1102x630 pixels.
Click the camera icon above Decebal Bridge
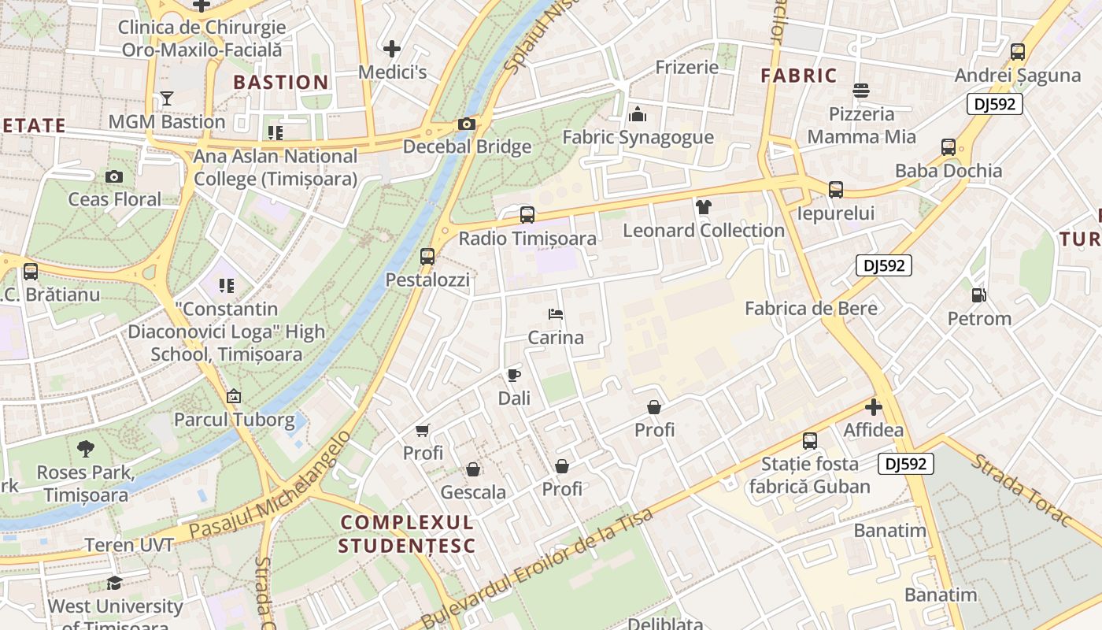pos(466,124)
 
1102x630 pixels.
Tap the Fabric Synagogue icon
pos(638,115)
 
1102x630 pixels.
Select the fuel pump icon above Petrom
pos(979,295)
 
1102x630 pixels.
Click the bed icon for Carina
pos(556,314)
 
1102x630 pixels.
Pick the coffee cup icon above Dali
pos(514,375)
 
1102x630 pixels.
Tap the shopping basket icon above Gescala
pos(473,469)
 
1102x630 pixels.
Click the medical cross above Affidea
pos(873,407)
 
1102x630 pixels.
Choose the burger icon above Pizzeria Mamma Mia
pos(861,91)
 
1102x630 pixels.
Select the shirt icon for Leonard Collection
pos(703,207)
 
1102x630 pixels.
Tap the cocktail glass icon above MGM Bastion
pos(167,98)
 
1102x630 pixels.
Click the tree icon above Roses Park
pos(86,449)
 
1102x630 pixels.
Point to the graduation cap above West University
pos(115,583)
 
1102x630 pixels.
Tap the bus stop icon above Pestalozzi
pos(427,256)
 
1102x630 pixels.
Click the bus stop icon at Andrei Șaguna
pos(1017,52)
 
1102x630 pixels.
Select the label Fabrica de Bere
pos(811,308)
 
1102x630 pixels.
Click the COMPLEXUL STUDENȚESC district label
pos(406,533)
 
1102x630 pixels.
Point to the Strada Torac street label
pos(1022,490)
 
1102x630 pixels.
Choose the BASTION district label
pos(281,82)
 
